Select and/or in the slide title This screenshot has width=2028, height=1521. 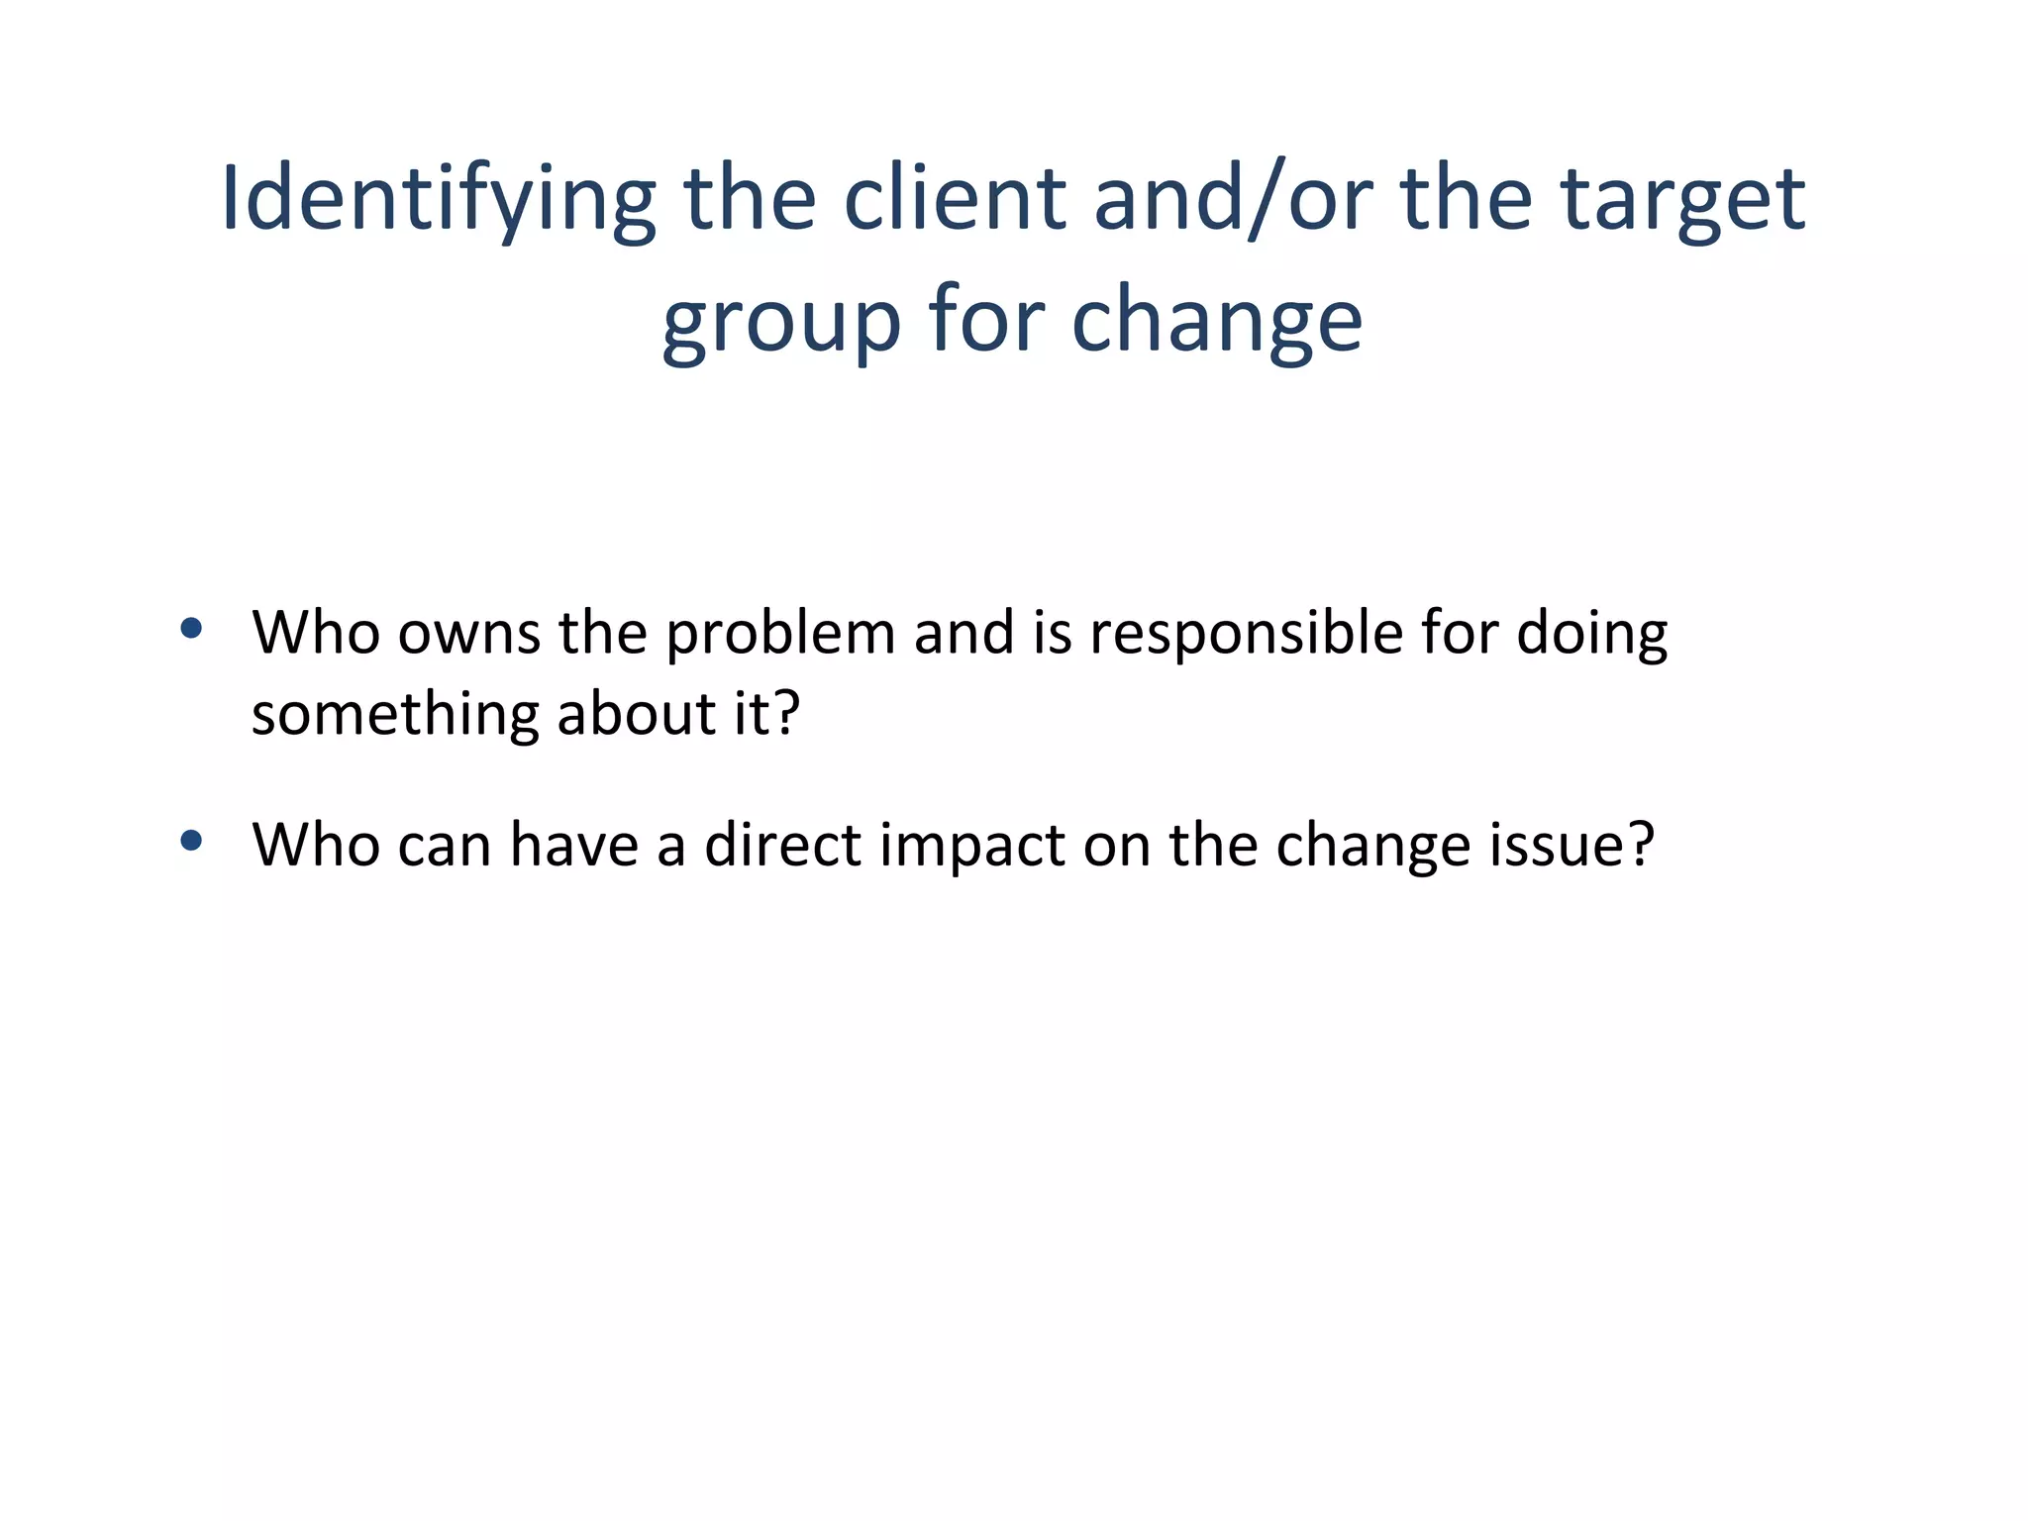pyautogui.click(x=1233, y=200)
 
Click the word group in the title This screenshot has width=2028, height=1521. pyautogui.click(x=781, y=323)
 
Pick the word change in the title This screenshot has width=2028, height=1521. pyautogui.click(x=1217, y=323)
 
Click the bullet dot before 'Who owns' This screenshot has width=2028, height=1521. pyautogui.click(x=192, y=628)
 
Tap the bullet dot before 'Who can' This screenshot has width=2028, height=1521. pyautogui.click(x=192, y=842)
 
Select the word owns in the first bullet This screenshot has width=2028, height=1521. pyautogui.click(x=468, y=633)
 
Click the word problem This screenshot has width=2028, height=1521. pyautogui.click(x=780, y=635)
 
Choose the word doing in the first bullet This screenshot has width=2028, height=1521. pyautogui.click(x=1592, y=635)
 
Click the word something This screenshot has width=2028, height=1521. pyautogui.click(x=395, y=715)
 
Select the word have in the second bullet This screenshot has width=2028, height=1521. pyautogui.click(x=573, y=846)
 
